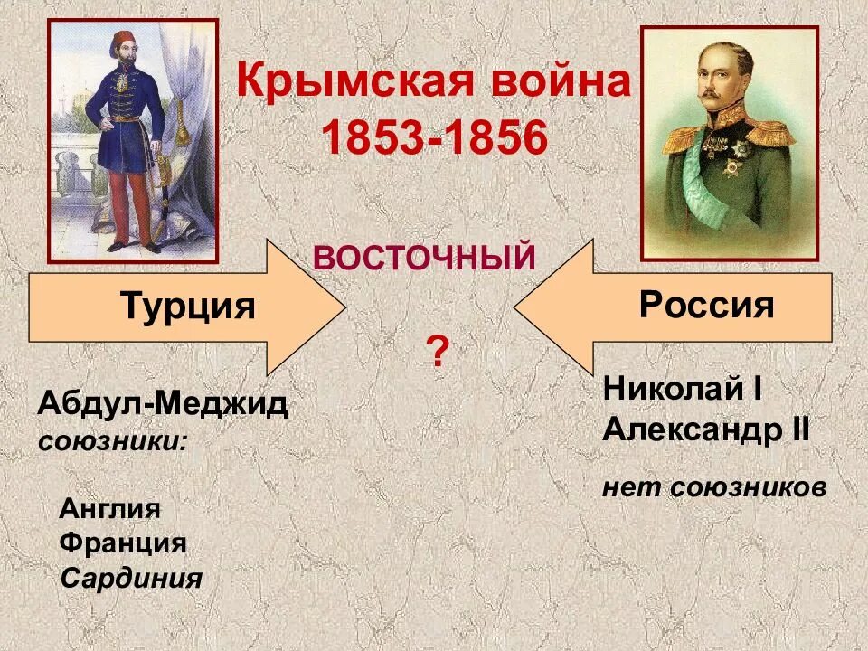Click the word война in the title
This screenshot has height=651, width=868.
coord(561,84)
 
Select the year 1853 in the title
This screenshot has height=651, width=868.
coord(367,138)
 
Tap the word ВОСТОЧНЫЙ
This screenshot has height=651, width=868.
coord(424,259)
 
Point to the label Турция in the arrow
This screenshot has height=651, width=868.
coord(187,307)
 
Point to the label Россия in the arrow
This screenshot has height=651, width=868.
coord(706,306)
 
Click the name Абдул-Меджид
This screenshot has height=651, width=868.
coord(163,406)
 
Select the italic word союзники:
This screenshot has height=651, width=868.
coord(114,442)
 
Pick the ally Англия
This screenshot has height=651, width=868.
coord(109,509)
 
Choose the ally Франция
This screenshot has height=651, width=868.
coord(123,543)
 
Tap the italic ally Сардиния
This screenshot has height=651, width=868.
coord(131,579)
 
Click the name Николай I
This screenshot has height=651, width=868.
coord(683,390)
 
